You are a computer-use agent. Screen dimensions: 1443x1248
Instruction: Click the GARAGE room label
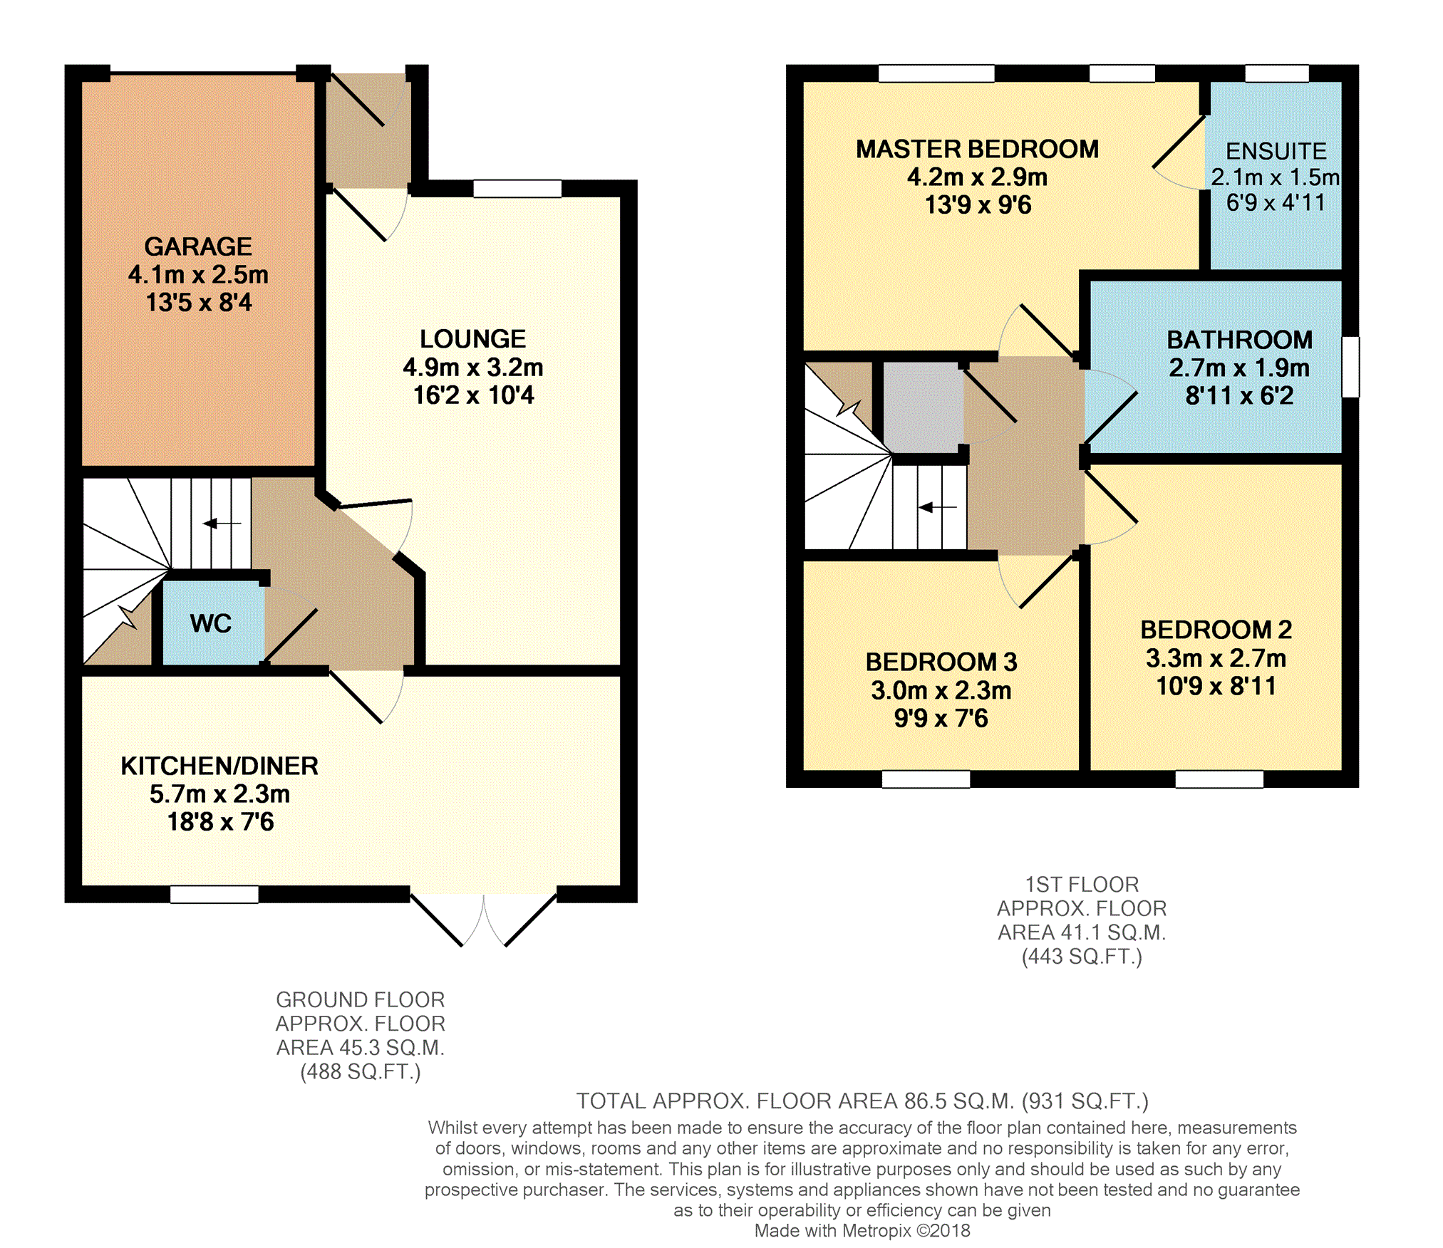pos(198,246)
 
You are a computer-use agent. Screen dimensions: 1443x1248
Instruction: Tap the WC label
pos(211,623)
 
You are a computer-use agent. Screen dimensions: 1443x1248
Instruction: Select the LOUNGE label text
pos(472,338)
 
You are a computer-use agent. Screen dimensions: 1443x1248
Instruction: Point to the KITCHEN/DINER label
pos(219,766)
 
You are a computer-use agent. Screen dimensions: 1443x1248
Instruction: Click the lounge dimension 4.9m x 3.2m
pos(473,367)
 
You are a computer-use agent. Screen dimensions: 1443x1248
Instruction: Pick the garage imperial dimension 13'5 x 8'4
pos(199,302)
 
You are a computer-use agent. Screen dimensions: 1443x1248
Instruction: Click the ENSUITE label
pos(1276,151)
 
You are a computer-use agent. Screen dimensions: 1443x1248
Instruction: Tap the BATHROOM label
pos(1239,340)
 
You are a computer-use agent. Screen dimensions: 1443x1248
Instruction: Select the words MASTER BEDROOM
pos(978,149)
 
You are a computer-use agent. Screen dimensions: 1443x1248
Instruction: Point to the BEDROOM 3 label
pos(941,662)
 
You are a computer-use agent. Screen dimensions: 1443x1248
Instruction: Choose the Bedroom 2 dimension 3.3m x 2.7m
pos(1216,657)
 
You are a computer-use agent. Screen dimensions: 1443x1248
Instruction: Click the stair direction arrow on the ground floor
pos(222,524)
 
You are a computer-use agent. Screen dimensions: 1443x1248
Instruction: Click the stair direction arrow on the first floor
pos(938,507)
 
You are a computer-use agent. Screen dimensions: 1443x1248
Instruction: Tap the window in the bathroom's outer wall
pos(1350,367)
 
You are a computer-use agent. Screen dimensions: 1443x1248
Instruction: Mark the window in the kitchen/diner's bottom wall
pos(214,894)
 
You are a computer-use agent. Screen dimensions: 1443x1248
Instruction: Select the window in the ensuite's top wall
pos(1277,73)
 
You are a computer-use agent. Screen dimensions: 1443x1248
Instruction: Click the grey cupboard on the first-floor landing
pos(923,407)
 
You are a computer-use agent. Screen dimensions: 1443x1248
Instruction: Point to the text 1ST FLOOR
pos(1082,884)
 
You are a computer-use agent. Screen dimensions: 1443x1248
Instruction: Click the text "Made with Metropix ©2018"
pos(862,1230)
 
